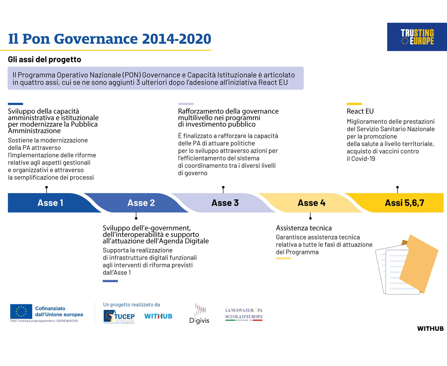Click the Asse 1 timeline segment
click(x=50, y=203)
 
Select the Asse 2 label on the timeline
click(x=141, y=203)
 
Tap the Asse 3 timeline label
click(x=225, y=203)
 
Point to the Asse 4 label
click(x=311, y=203)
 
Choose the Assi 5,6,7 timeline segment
click(x=405, y=203)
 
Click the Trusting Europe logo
click(x=417, y=37)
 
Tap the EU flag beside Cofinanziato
click(x=21, y=312)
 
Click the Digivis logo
click(x=199, y=313)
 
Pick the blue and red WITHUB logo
click(x=158, y=316)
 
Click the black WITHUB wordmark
click(x=430, y=328)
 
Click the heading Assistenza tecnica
click(x=304, y=228)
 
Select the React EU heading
click(x=360, y=111)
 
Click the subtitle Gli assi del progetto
click(x=44, y=60)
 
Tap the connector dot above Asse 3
click(x=223, y=187)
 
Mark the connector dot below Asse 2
click(x=136, y=218)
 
